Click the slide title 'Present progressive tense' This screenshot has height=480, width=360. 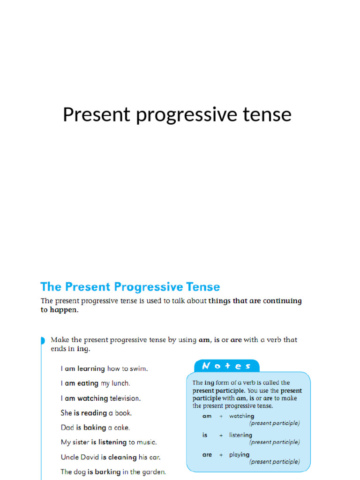177,115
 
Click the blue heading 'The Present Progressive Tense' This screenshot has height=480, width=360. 130,287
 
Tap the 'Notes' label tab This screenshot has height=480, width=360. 227,366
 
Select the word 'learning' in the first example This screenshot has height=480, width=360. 91,369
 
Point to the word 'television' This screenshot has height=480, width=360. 125,398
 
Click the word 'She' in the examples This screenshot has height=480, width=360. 66,413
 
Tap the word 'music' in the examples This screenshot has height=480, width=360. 147,442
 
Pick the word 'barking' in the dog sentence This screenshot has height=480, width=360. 108,472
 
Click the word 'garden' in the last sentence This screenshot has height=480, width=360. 154,472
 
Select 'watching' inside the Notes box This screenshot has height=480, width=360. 241,416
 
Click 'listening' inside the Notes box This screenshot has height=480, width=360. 240,435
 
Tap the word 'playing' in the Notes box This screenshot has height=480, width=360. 239,455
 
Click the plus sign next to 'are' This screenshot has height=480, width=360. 221,455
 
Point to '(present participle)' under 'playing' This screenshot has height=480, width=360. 274,462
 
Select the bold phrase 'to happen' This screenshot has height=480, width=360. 59,310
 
